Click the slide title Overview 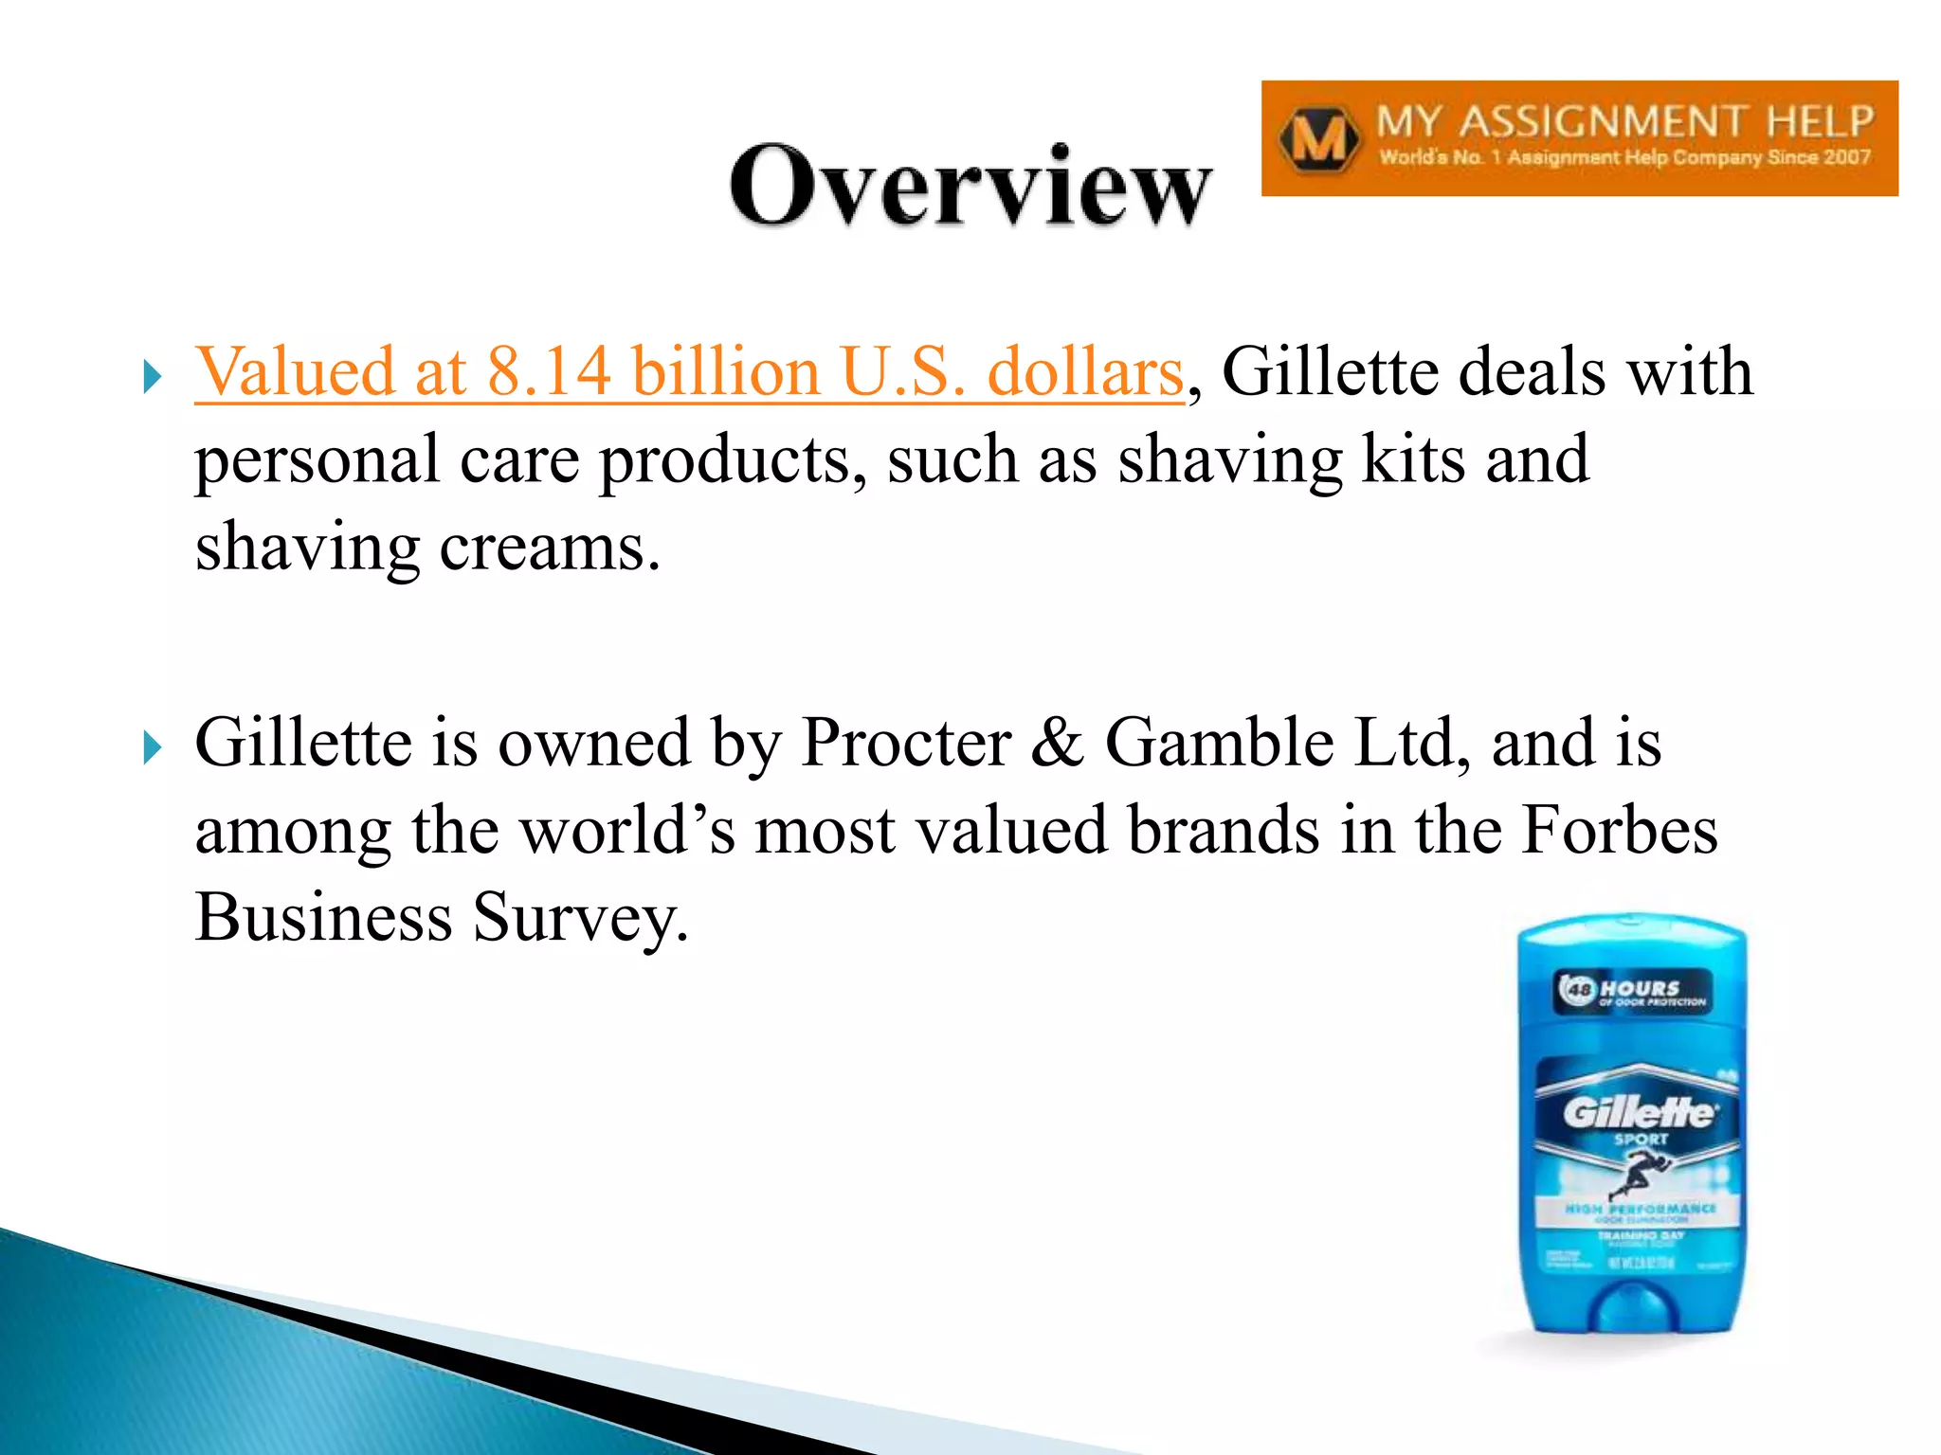pyautogui.click(x=970, y=187)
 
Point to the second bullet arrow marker pyautogui.click(x=152, y=747)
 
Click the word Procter pyautogui.click(x=906, y=742)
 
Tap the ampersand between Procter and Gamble pyautogui.click(x=1058, y=742)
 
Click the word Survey pyautogui.click(x=580, y=918)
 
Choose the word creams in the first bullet pyautogui.click(x=550, y=548)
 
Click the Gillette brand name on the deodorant pyautogui.click(x=1638, y=1111)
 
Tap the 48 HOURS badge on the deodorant pyautogui.click(x=1632, y=991)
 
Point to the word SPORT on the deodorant pyautogui.click(x=1641, y=1140)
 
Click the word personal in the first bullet pyautogui.click(x=317, y=459)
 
